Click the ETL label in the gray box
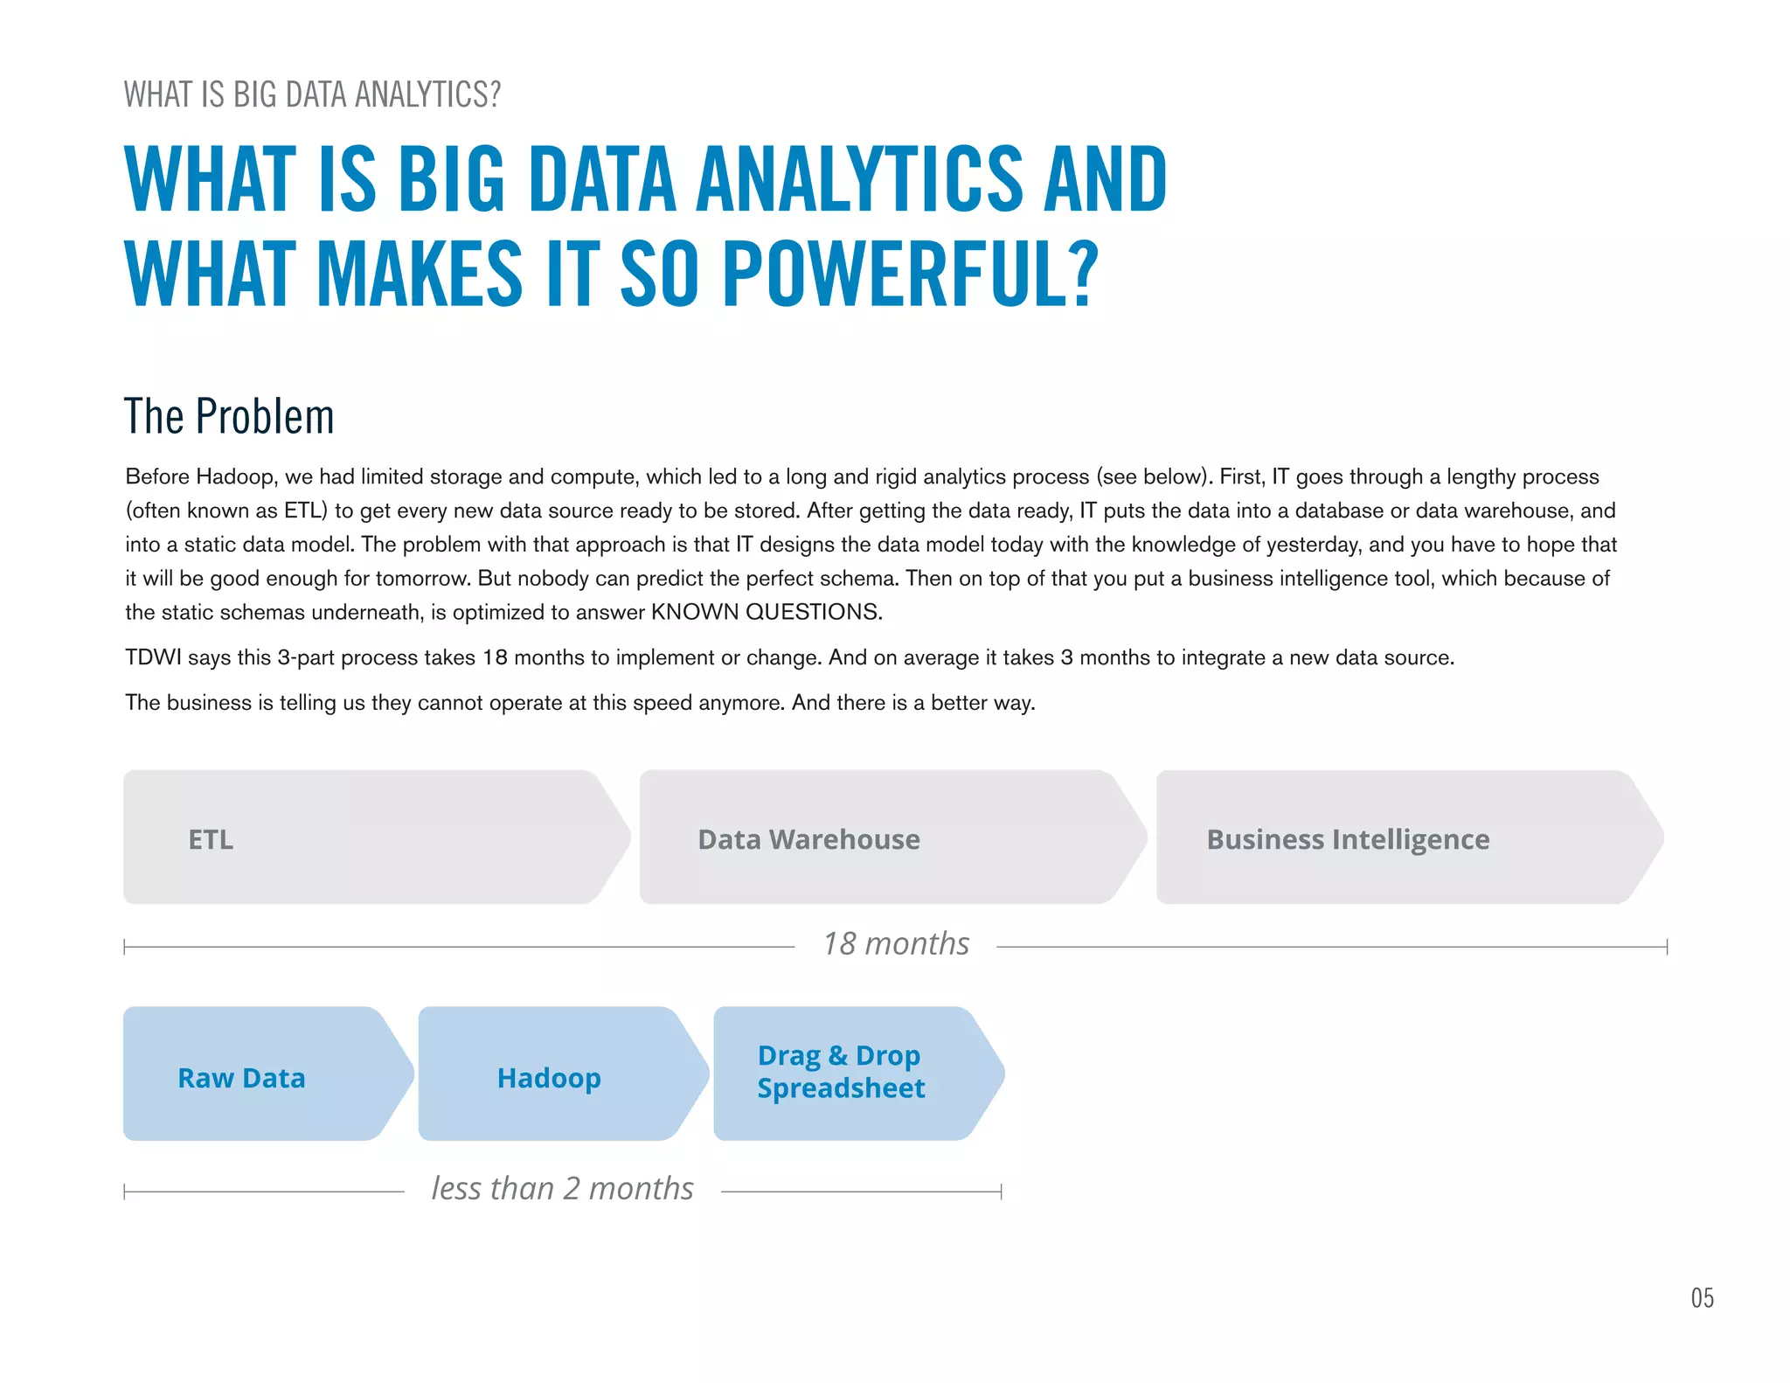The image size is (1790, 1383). click(211, 839)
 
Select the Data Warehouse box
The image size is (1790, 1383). click(808, 839)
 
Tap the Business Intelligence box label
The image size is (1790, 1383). click(1348, 839)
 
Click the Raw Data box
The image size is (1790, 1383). click(242, 1078)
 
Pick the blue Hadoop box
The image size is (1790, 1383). click(549, 1078)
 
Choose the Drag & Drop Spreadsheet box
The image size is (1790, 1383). click(841, 1072)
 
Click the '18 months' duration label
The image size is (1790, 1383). click(896, 944)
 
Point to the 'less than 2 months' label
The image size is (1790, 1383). click(563, 1189)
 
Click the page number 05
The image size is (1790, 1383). click(1702, 1298)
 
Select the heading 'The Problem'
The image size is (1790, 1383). click(229, 416)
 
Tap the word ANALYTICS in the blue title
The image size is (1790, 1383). click(858, 179)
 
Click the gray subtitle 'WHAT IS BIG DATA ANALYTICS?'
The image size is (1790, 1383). click(312, 94)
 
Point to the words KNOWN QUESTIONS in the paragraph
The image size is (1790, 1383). click(766, 612)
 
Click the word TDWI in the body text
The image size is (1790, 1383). click(152, 657)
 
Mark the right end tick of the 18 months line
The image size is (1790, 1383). click(1667, 947)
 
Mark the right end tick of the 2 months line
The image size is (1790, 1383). click(1001, 1192)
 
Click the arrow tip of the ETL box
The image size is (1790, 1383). click(627, 837)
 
